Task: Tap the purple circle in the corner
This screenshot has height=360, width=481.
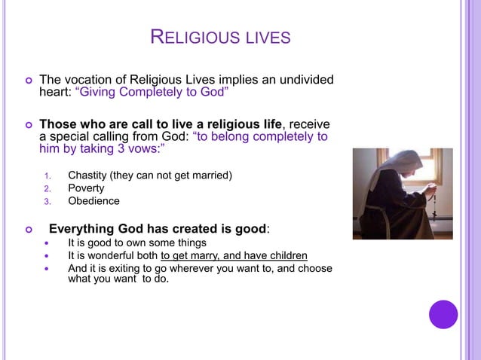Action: pos(443,314)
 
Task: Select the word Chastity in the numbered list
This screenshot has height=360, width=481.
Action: pos(88,175)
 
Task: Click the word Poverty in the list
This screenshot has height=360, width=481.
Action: pos(86,188)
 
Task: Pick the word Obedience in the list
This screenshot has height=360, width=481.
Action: pos(93,201)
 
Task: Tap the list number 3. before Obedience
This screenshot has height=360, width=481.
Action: pos(46,202)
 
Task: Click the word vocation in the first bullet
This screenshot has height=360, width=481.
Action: pos(87,81)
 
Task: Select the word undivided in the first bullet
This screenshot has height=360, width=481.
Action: pos(306,81)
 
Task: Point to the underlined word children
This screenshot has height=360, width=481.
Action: pos(286,255)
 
